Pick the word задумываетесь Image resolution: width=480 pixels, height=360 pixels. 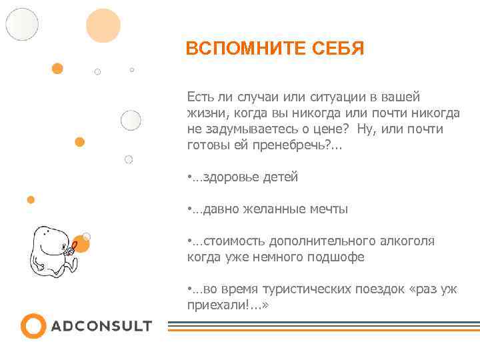(251, 129)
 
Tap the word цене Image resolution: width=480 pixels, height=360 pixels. (331, 129)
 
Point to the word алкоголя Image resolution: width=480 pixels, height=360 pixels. (407, 241)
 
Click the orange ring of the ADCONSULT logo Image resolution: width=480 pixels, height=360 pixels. (33, 326)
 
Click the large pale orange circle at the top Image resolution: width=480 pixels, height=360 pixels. (103, 26)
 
